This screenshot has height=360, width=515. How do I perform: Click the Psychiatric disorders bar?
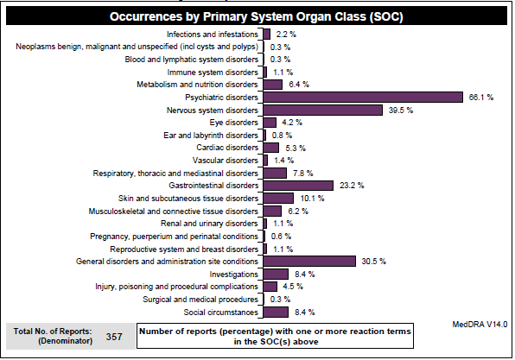point(363,98)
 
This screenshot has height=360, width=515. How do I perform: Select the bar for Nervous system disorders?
point(323,110)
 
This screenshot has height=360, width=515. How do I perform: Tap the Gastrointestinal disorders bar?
point(298,186)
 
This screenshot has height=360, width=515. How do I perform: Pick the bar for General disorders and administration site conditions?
point(309,262)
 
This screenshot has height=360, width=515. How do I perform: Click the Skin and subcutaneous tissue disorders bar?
point(278,199)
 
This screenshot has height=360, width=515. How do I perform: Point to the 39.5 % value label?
point(401,111)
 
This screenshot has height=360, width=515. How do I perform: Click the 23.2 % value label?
point(352,186)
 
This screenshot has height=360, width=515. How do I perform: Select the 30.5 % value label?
point(374,262)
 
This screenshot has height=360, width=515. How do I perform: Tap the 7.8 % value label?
point(303,174)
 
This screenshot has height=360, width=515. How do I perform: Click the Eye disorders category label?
point(234,123)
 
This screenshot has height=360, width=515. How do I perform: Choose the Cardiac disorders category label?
point(227,148)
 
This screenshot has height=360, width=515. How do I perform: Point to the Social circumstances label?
point(220,313)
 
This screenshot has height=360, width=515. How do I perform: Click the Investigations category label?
point(234,275)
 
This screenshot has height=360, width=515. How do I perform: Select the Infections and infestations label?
point(213,35)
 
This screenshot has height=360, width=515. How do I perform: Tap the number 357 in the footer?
point(114,337)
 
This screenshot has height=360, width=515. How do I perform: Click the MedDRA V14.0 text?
point(480,325)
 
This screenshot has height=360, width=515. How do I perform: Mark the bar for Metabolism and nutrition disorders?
point(272,85)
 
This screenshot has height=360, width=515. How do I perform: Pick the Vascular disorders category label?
point(226,161)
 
